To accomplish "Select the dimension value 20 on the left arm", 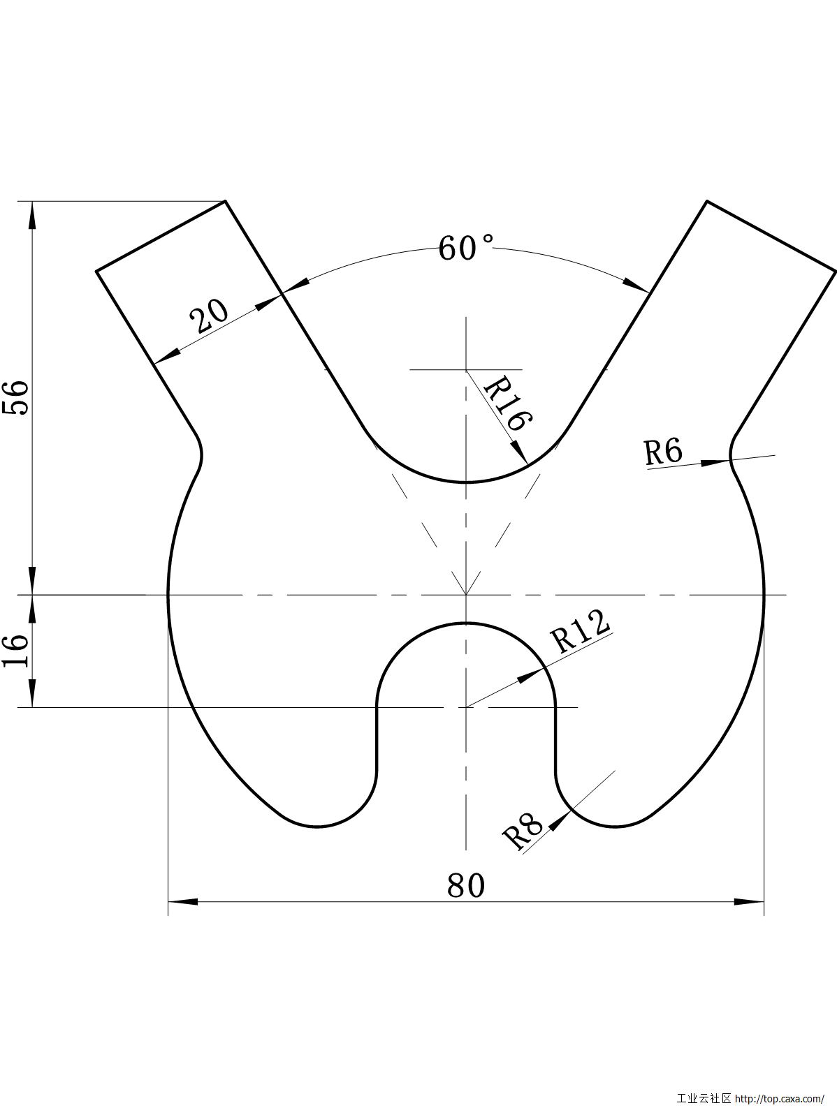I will [209, 318].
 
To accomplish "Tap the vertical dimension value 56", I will [16, 398].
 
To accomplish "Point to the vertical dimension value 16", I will [16, 651].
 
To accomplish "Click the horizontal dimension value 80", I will [465, 886].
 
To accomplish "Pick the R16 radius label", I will [507, 403].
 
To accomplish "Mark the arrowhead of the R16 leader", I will [519, 450].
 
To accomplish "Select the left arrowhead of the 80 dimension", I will [182, 901].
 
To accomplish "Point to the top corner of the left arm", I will [225, 201].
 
